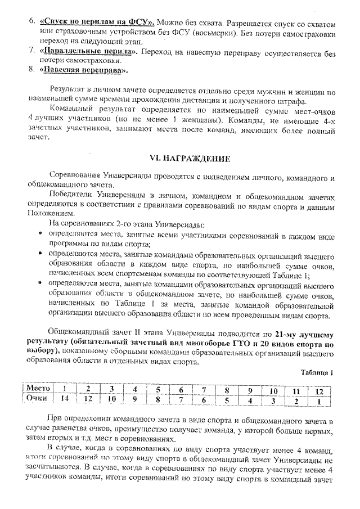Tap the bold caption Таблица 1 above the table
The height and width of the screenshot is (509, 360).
(317, 372)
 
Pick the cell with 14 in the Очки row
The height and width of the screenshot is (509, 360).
(66, 399)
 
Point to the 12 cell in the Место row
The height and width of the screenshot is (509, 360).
(319, 390)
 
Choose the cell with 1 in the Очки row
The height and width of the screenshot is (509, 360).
(319, 401)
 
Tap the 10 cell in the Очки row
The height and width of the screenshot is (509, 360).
(112, 400)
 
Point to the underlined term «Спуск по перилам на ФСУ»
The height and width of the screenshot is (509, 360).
(97, 23)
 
